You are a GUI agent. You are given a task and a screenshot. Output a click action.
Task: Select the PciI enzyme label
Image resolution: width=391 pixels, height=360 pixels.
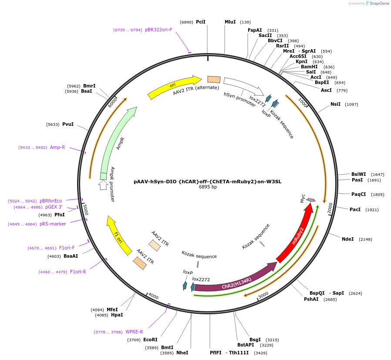click(x=200, y=22)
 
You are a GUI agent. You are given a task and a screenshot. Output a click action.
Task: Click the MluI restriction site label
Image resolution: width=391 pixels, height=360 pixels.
click(x=230, y=22)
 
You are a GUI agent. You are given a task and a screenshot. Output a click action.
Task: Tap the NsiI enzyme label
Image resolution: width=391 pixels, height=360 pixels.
click(x=335, y=104)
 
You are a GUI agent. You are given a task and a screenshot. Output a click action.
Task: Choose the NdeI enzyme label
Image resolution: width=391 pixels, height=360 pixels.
click(x=348, y=239)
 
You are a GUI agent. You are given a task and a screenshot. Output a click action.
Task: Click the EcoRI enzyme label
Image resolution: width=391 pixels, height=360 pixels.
click(x=150, y=340)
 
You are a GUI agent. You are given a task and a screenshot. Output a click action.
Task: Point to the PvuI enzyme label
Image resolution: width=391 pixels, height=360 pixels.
click(x=67, y=124)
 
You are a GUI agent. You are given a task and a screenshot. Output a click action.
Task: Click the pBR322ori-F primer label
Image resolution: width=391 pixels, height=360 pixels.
click(x=158, y=30)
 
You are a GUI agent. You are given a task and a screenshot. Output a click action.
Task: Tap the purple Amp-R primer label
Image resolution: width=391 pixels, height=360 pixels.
click(x=57, y=147)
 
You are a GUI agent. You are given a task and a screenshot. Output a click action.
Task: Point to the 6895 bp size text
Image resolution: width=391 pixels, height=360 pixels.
click(x=208, y=187)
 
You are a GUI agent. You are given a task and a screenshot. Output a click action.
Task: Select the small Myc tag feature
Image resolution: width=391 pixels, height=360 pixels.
click(x=311, y=200)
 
